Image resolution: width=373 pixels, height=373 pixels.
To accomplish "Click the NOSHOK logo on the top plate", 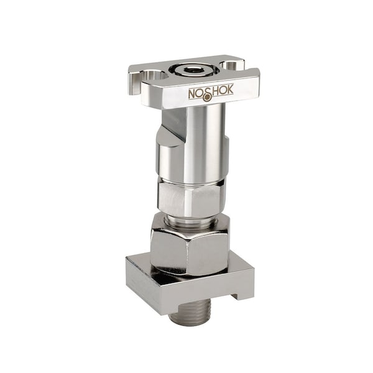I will (211, 93).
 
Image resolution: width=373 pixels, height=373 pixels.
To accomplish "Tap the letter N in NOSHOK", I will (193, 94).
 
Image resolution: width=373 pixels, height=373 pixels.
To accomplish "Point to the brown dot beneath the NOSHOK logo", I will (207, 97).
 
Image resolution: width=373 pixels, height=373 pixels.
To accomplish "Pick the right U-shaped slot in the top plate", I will (231, 65).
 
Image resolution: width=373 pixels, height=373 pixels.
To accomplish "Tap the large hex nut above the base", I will (189, 246).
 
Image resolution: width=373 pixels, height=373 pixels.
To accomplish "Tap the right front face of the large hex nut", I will (208, 252).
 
